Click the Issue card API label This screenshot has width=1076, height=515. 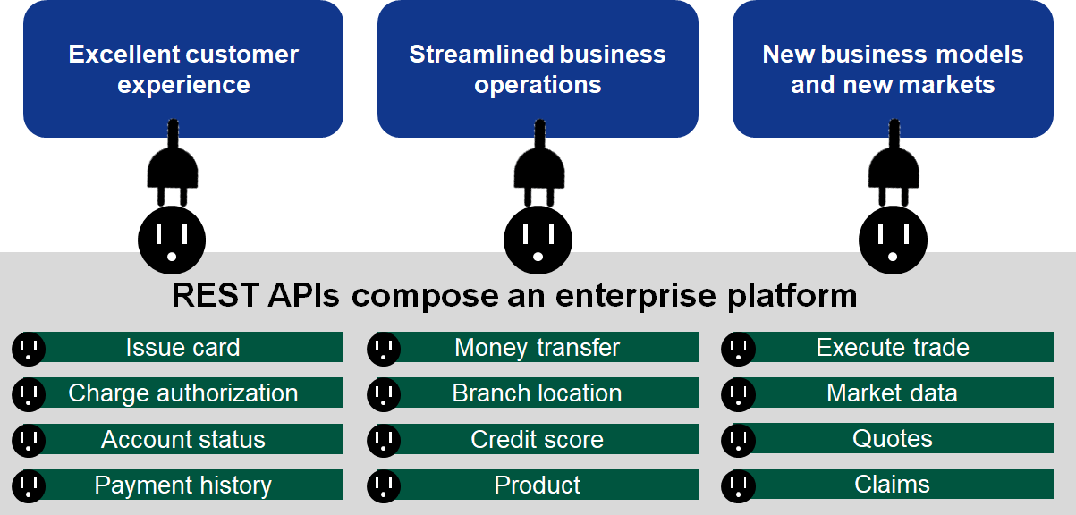183,348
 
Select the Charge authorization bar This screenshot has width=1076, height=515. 183,393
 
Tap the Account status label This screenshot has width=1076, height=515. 183,440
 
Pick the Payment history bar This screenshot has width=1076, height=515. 183,485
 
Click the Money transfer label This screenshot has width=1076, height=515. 537,348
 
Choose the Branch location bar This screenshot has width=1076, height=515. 537,393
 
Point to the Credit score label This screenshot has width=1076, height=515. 537,440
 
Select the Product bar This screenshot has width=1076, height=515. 537,485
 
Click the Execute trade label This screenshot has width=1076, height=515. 893,348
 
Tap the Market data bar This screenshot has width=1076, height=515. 893,393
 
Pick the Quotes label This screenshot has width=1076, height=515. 893,439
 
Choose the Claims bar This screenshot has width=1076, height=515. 893,485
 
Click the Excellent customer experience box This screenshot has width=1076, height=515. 183,69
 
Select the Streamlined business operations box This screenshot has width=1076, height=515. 538,69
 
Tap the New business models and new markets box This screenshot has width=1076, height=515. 893,69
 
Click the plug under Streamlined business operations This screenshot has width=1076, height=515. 538,170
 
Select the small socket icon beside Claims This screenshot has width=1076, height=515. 738,485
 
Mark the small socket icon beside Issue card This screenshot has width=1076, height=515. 29,349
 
